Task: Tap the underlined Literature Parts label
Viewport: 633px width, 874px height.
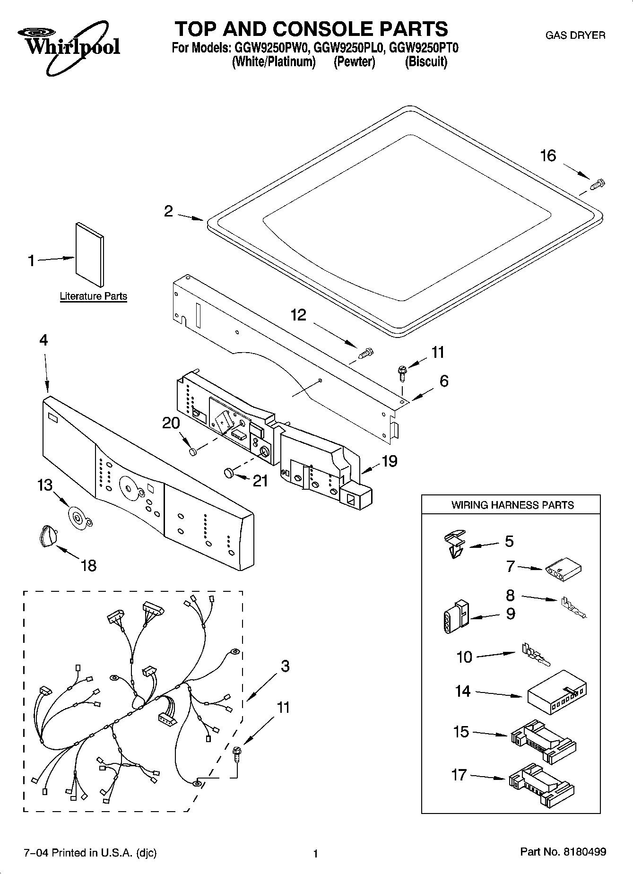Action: click(x=93, y=296)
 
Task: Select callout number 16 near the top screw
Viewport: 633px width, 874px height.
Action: click(x=548, y=156)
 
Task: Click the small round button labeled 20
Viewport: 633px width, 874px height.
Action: click(x=192, y=452)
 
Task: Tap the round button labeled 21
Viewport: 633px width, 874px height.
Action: click(x=228, y=472)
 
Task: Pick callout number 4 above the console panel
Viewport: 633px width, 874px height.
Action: click(x=43, y=340)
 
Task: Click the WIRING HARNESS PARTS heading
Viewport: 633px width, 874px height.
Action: click(x=512, y=505)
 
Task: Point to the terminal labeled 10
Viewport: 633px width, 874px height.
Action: click(x=535, y=655)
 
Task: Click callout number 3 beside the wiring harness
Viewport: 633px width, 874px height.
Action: click(x=285, y=666)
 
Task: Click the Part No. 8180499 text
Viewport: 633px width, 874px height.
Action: click(x=563, y=852)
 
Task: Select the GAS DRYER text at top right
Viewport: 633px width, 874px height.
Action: click(x=575, y=35)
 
